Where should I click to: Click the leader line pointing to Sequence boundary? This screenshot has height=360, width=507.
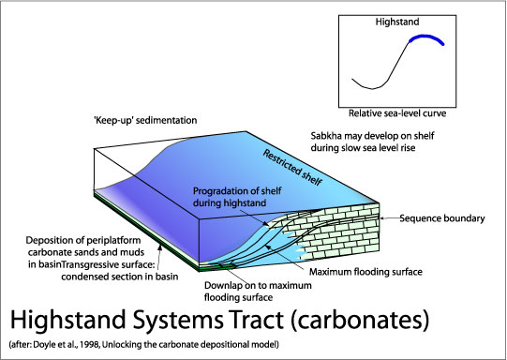tap(388, 219)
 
